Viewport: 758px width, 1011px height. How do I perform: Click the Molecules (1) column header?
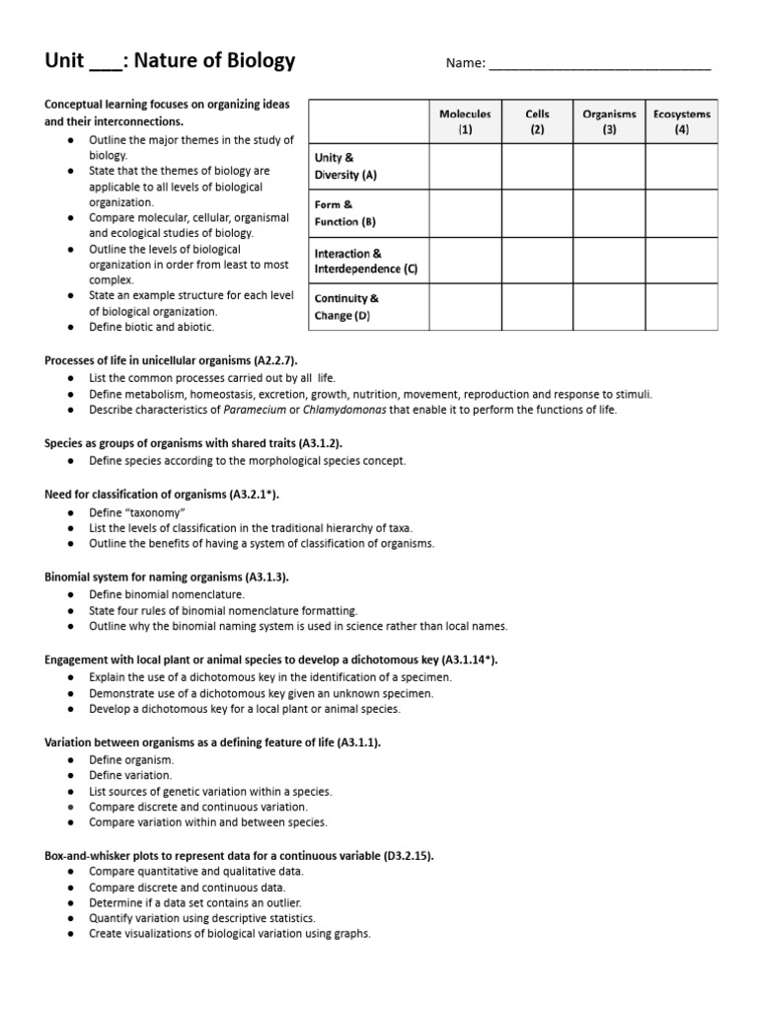pyautogui.click(x=465, y=121)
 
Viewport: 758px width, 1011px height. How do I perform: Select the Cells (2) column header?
pyautogui.click(x=537, y=121)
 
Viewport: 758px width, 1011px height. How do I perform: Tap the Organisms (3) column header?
pyautogui.click(x=609, y=121)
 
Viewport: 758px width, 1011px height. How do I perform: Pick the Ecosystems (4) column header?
pyautogui.click(x=682, y=121)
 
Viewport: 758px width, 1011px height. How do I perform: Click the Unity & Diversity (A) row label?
pyautogui.click(x=345, y=166)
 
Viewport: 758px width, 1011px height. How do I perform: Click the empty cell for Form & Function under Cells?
pyautogui.click(x=537, y=214)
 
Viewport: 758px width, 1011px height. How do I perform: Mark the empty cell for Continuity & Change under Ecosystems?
pyautogui.click(x=682, y=307)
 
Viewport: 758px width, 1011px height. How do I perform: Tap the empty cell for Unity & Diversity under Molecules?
pyautogui.click(x=465, y=167)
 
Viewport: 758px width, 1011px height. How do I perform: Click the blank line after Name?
pyautogui.click(x=600, y=65)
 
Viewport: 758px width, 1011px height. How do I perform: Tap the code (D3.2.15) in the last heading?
pyautogui.click(x=408, y=855)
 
